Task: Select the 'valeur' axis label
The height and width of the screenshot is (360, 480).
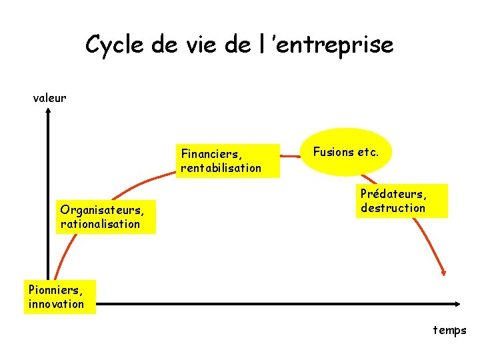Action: tap(50, 98)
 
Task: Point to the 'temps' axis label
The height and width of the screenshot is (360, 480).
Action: tap(450, 330)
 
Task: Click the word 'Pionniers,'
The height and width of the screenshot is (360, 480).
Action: tap(56, 290)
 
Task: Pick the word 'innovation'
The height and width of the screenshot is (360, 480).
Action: tap(57, 304)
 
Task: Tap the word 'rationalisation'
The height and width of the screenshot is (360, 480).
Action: tap(100, 224)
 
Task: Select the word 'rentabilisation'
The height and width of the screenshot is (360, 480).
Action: tap(221, 168)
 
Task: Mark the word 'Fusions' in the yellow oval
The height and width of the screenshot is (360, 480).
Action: tap(333, 152)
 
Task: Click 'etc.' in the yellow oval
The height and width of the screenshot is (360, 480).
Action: tap(368, 152)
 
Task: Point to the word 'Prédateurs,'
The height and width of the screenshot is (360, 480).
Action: tap(393, 194)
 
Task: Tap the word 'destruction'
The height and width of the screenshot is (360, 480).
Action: tap(393, 208)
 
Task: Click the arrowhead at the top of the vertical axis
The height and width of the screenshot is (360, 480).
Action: tap(49, 112)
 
